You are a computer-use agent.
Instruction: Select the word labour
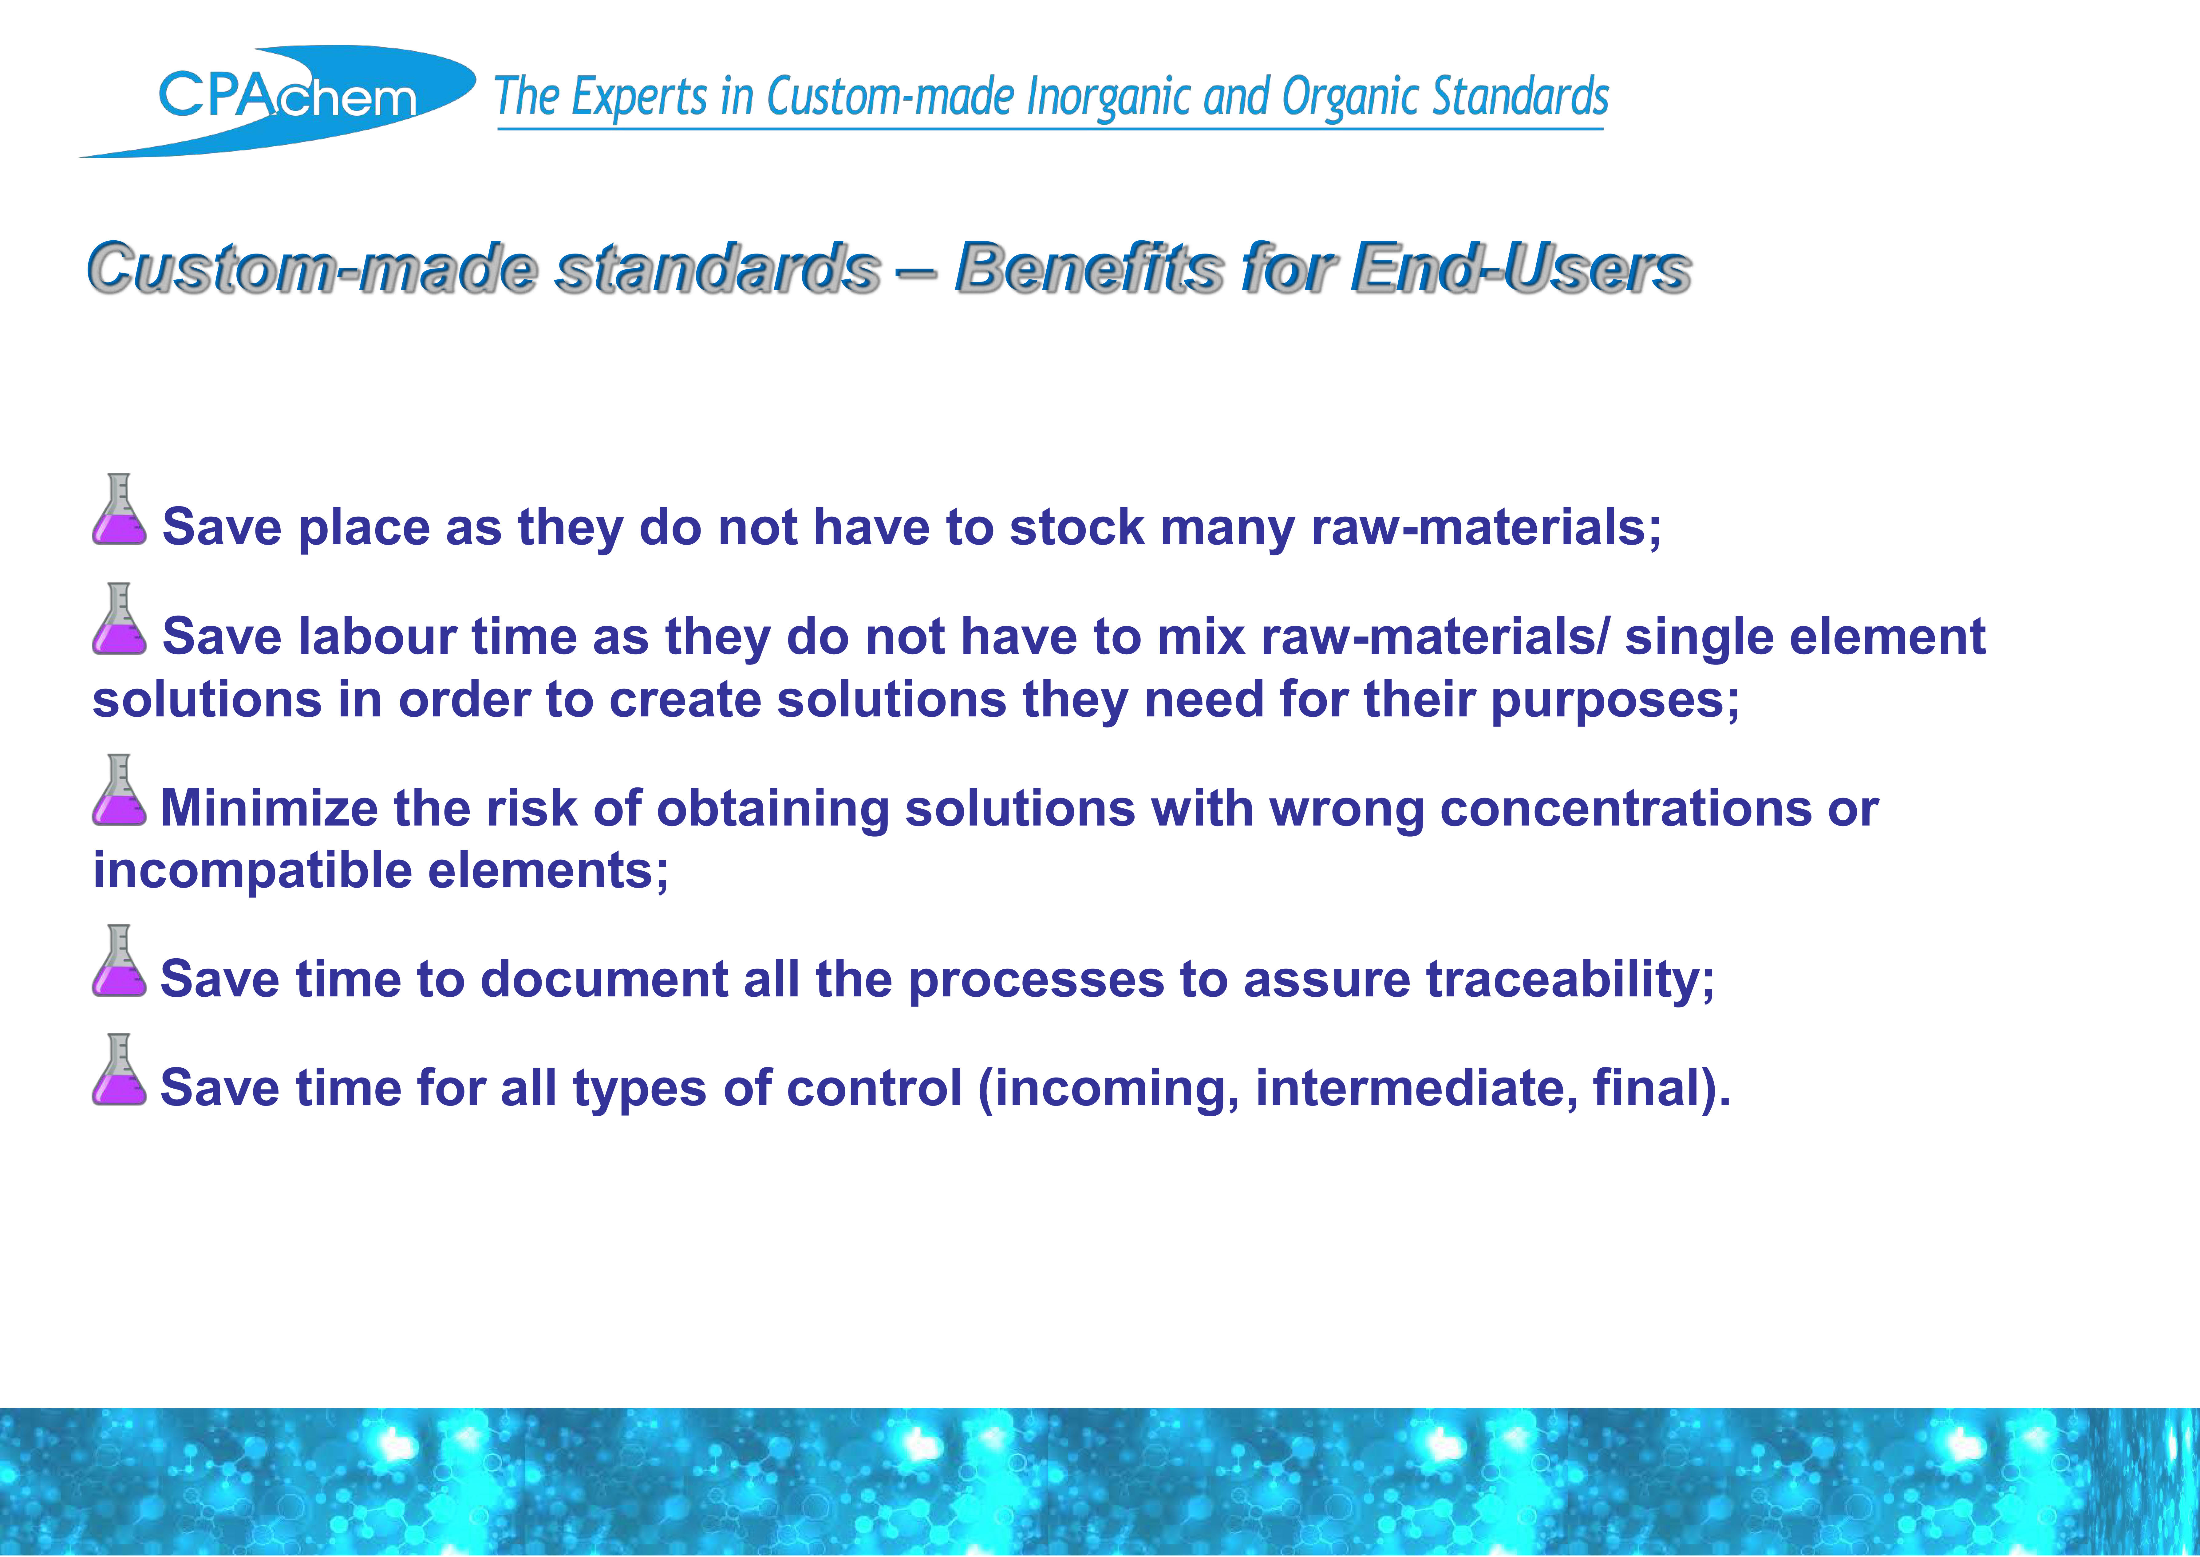pyautogui.click(x=377, y=637)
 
